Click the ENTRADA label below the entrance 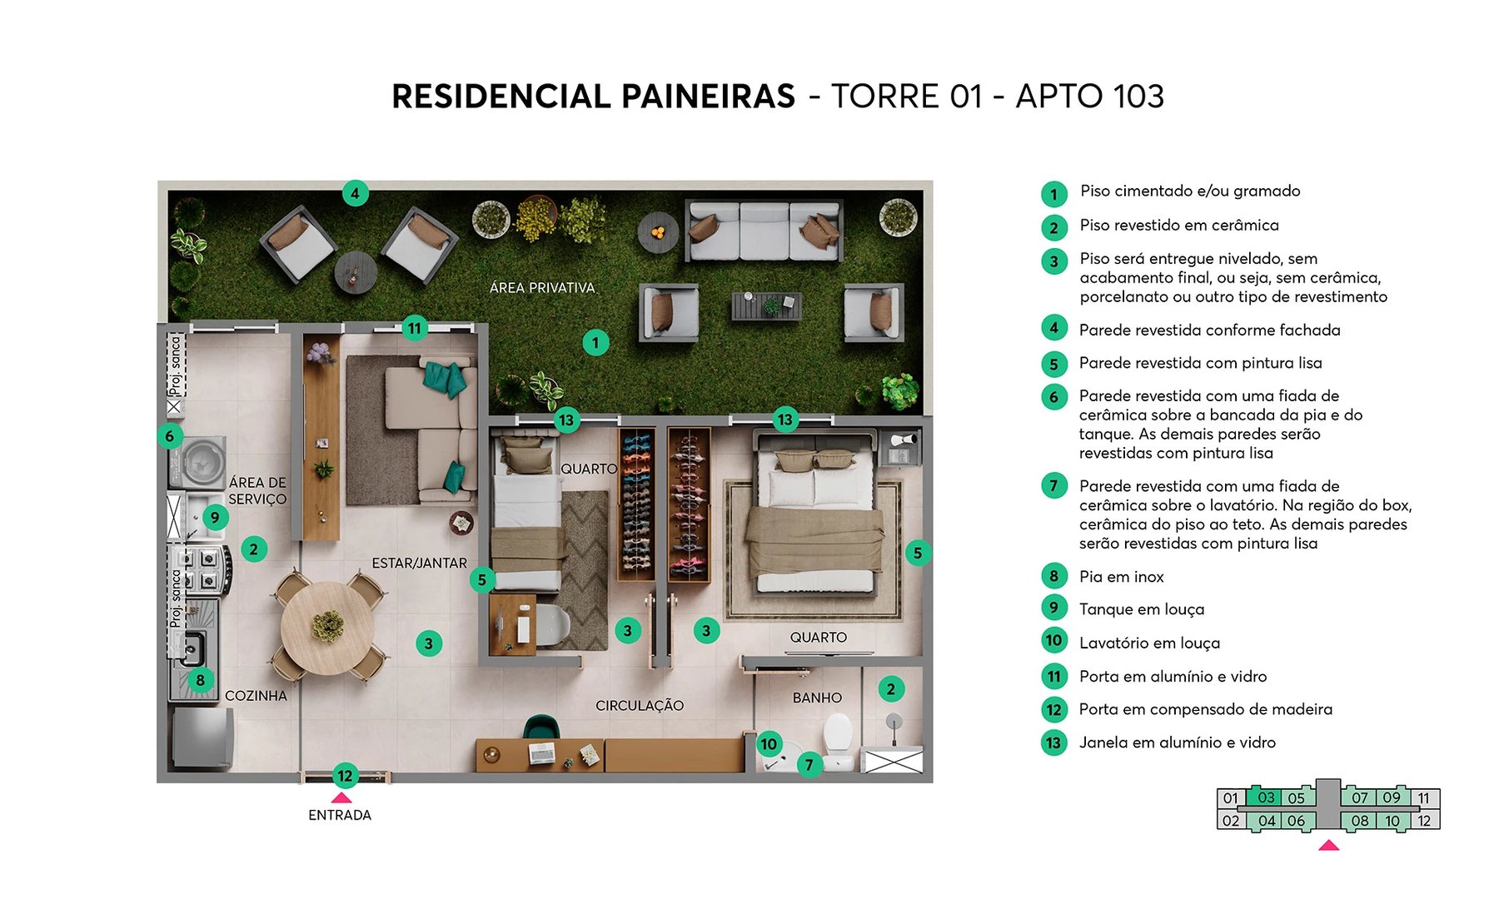point(340,815)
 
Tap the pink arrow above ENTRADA point(341,797)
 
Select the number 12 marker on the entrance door point(345,776)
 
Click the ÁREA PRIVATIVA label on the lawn point(542,288)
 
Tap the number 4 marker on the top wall point(355,194)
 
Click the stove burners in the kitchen point(202,569)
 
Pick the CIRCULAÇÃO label point(640,706)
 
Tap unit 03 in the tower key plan point(1266,797)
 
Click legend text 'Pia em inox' point(1121,577)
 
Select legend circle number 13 point(1053,743)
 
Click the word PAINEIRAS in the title point(708,97)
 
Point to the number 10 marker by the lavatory point(769,744)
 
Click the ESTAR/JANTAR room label point(419,564)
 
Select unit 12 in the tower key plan point(1424,821)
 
